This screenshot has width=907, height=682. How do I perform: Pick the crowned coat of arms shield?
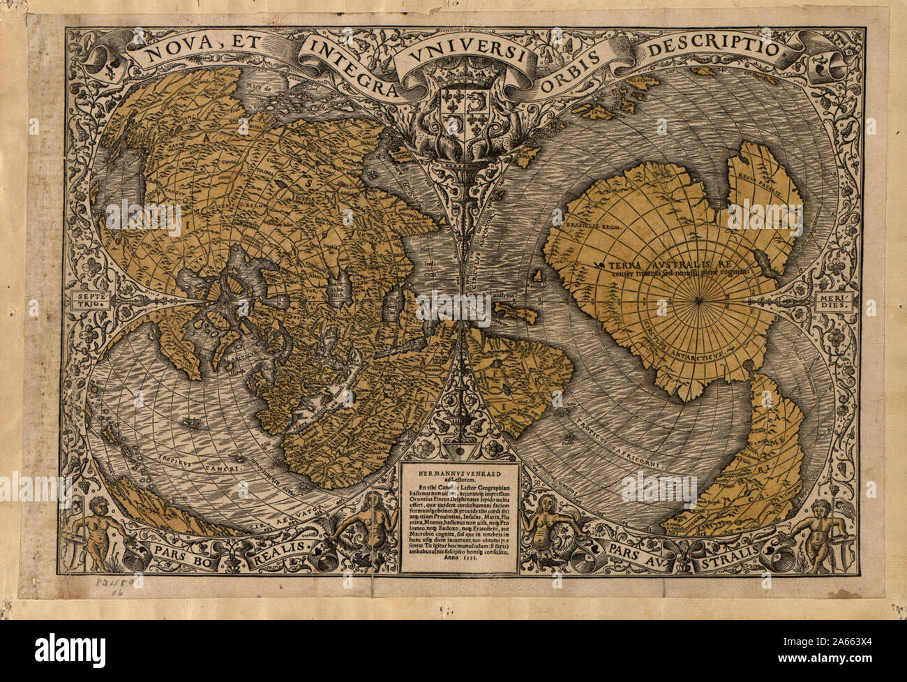pos(454,107)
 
